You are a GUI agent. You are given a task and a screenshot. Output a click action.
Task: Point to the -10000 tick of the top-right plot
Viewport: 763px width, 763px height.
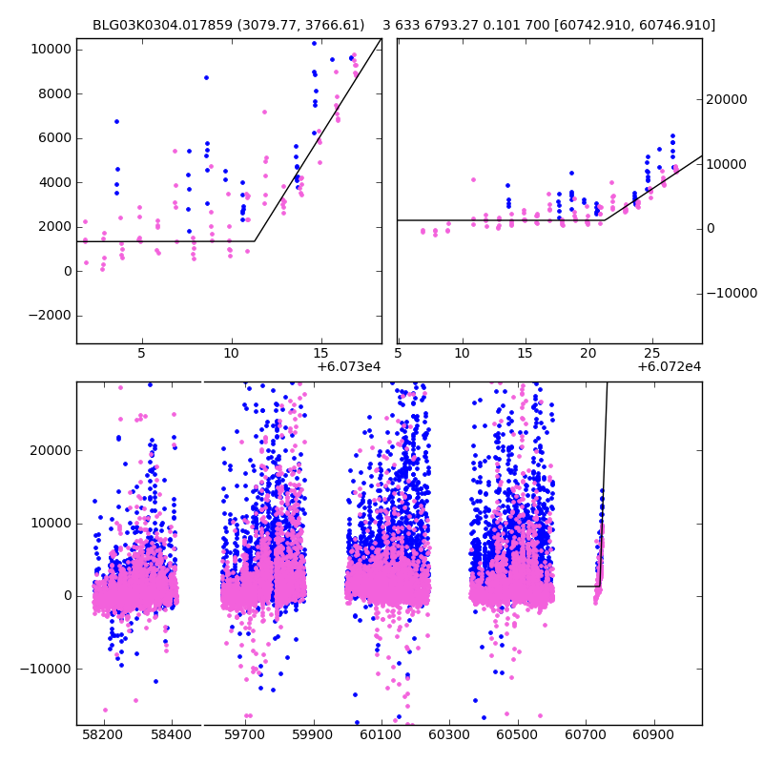click(x=732, y=293)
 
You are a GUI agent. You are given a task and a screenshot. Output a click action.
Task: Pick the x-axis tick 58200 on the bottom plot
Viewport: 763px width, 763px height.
click(x=103, y=735)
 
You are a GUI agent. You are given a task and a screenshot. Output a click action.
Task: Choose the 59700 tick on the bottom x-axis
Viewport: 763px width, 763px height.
click(x=244, y=735)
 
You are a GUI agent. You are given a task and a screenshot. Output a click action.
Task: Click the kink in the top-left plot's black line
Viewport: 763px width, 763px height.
click(x=255, y=241)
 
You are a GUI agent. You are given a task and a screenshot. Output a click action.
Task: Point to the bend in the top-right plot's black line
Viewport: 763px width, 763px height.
click(x=604, y=220)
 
